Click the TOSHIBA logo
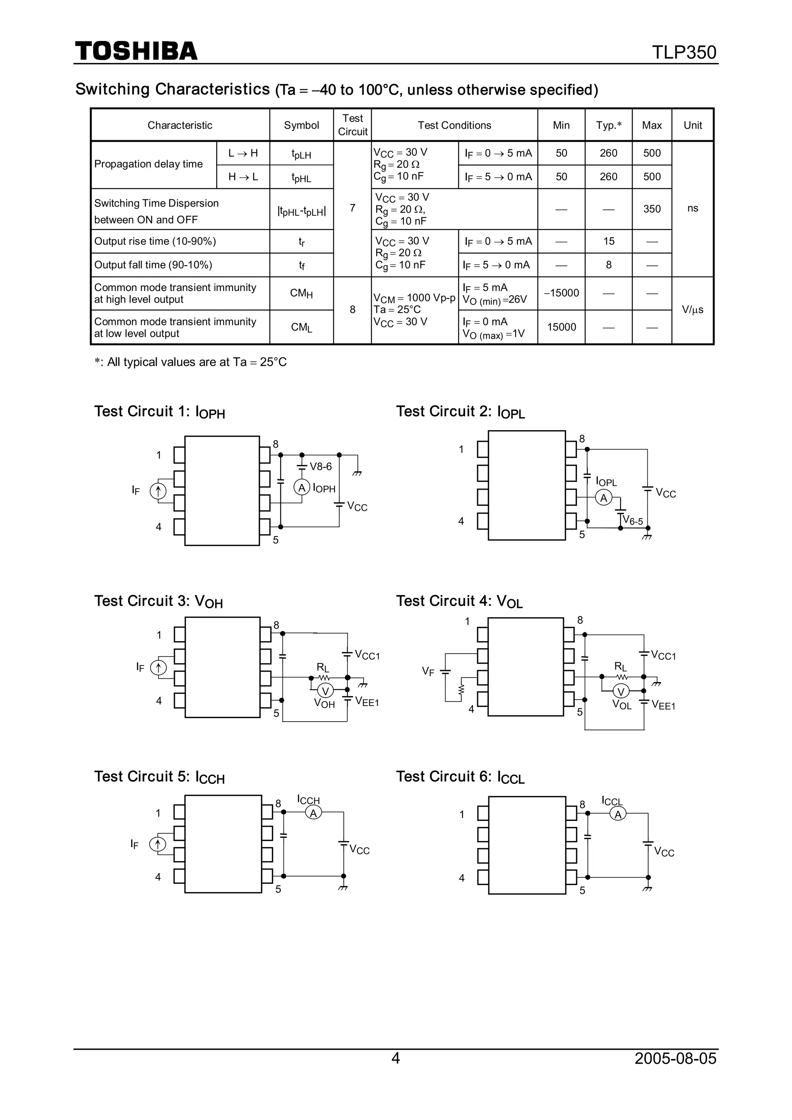(136, 51)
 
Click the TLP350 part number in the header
(684, 52)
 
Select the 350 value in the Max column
(652, 209)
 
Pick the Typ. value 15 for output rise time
(609, 241)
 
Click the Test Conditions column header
(454, 125)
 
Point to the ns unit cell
(693, 208)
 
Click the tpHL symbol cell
(301, 177)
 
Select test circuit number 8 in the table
(352, 310)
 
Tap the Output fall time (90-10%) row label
(153, 265)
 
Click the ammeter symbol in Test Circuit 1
(302, 487)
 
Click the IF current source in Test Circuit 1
(158, 491)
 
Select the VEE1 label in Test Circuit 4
(663, 705)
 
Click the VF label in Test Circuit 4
(428, 672)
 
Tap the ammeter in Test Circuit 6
(618, 814)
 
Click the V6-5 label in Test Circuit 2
(633, 521)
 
